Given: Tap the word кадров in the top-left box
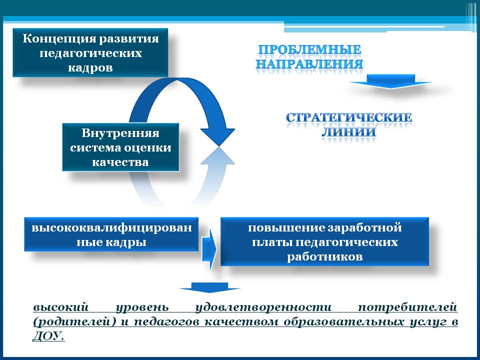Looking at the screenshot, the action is click(x=90, y=67).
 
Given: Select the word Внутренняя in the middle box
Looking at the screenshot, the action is click(x=120, y=133).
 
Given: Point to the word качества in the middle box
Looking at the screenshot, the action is click(x=120, y=162).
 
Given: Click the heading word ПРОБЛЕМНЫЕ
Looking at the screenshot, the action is click(x=309, y=49).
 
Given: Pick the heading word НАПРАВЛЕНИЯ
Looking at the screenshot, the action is click(x=309, y=64).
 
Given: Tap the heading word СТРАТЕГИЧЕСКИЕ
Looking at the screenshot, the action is click(x=349, y=118).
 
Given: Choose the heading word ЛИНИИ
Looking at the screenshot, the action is click(x=349, y=132).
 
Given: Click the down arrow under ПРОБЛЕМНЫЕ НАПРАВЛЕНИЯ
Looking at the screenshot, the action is click(x=390, y=81).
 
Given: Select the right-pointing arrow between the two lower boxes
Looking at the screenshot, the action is click(x=209, y=249).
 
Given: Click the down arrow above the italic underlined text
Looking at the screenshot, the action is click(x=209, y=287).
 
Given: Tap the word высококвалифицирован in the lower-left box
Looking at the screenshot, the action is click(x=111, y=228).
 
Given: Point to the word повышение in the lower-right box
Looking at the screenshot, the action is click(x=286, y=228).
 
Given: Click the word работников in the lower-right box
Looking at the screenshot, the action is click(x=325, y=256).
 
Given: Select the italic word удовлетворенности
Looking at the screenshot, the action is click(x=263, y=307).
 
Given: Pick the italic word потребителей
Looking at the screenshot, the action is click(x=407, y=307).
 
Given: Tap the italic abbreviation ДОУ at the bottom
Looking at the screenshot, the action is click(x=48, y=336).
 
